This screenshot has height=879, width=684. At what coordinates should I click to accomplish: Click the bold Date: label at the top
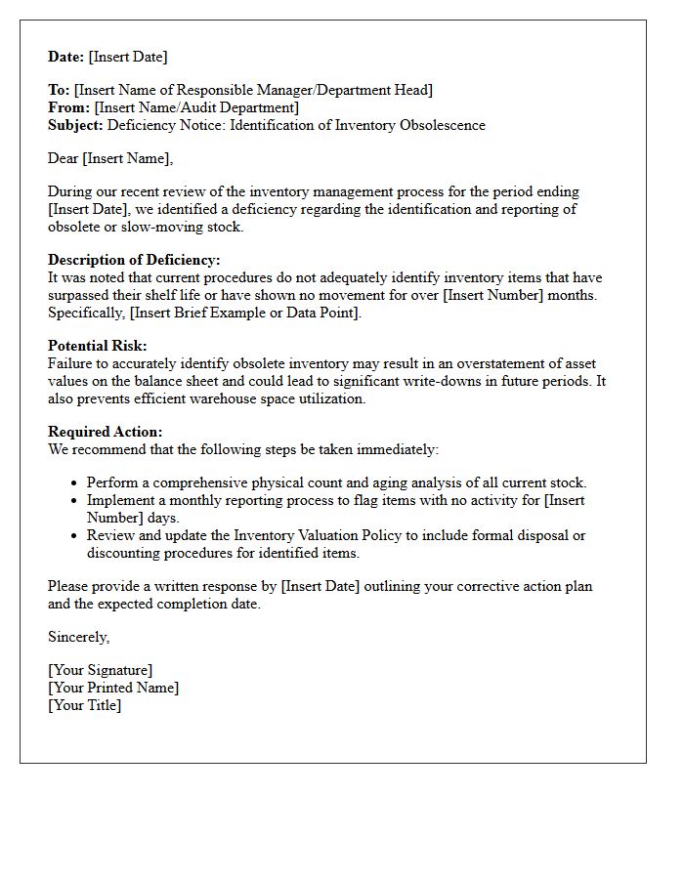pos(66,57)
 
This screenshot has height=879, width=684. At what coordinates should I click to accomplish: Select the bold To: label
pos(59,90)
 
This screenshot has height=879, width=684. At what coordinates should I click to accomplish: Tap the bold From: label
pos(68,107)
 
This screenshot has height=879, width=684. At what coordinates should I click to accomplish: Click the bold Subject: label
pos(75,125)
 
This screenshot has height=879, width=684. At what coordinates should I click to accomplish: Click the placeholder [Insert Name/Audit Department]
pos(196,107)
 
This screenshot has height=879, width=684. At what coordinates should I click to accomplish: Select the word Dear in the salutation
pos(64,158)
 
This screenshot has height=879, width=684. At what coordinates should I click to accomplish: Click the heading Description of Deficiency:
pos(134,260)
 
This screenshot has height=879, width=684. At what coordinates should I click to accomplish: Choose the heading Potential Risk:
pos(98,346)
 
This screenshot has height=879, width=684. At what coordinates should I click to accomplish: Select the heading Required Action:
pos(106,432)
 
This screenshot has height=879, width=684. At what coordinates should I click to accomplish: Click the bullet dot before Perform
pos(74,483)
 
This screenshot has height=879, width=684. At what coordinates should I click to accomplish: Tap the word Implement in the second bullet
pos(118,500)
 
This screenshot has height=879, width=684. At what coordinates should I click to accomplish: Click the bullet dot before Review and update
pos(74,536)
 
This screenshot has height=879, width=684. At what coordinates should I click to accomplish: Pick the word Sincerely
pos(78,637)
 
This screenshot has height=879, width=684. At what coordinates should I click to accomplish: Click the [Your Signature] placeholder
pos(101,670)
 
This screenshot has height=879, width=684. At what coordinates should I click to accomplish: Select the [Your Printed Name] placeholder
pos(113,688)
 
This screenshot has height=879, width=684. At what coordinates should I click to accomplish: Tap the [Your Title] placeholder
pos(85,705)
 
